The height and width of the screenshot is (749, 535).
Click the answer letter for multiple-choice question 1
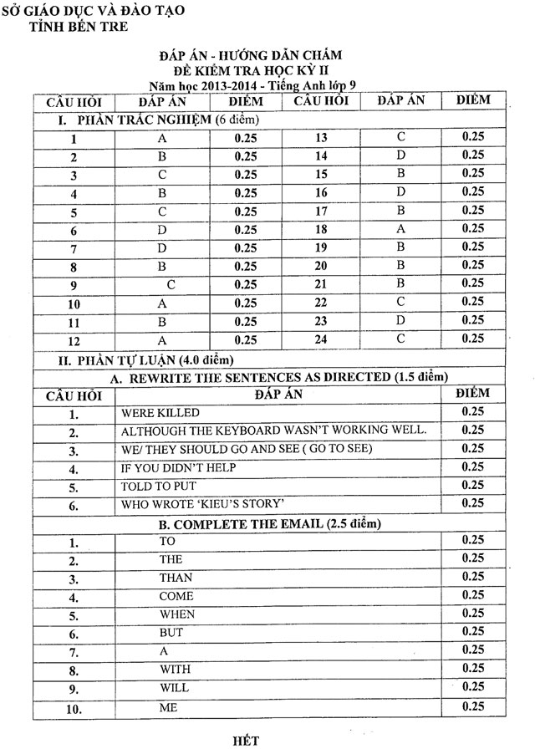pyautogui.click(x=163, y=138)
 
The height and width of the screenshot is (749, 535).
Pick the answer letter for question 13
pyautogui.click(x=400, y=136)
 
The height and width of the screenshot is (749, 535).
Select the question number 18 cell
pyautogui.click(x=321, y=228)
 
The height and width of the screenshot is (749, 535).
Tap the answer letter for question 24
pyautogui.click(x=400, y=338)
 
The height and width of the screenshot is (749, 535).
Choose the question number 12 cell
pyautogui.click(x=75, y=340)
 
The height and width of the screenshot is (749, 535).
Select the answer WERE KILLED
pyautogui.click(x=160, y=413)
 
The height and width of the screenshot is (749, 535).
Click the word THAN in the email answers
pyautogui.click(x=176, y=578)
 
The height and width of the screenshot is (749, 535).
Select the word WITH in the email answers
pyautogui.click(x=176, y=669)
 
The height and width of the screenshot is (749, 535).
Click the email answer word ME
pyautogui.click(x=169, y=706)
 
